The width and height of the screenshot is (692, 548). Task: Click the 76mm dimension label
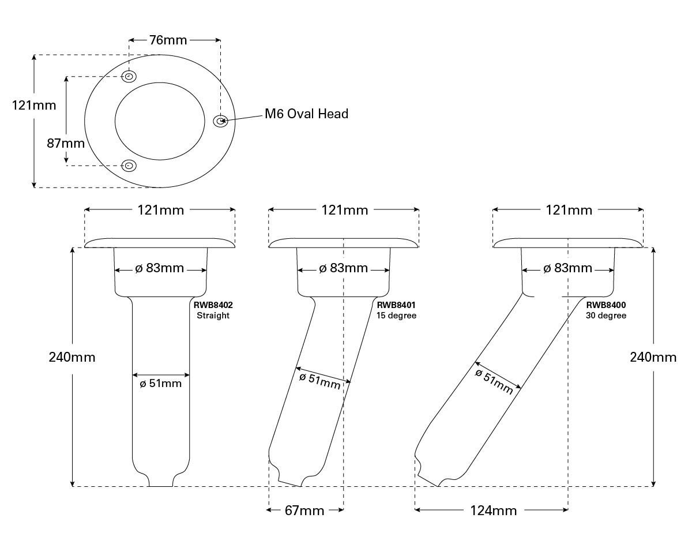coord(168,40)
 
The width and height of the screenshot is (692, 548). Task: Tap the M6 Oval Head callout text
coord(306,114)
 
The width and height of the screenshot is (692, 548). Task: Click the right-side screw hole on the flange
coord(220,121)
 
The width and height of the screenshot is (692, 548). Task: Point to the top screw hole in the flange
coord(130,77)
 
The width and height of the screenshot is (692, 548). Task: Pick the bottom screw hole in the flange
coord(129,166)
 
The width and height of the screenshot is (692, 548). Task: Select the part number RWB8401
coord(396,305)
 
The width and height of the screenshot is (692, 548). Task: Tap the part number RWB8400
coord(606,305)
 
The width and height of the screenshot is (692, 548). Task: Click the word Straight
coord(213,316)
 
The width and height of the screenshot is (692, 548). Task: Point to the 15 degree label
coord(396,316)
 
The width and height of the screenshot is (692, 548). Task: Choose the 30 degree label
coord(606,316)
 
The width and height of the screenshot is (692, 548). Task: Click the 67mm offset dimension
coord(304,511)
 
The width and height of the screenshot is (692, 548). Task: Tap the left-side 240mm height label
coord(72,357)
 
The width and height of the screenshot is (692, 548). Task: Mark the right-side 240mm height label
coord(653,357)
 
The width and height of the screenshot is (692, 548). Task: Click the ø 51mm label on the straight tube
coord(161,383)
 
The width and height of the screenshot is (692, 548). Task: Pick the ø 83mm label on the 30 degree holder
coord(568,268)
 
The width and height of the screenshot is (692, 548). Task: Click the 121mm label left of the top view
coord(34,105)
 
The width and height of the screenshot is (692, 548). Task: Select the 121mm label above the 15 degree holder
coord(344,210)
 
